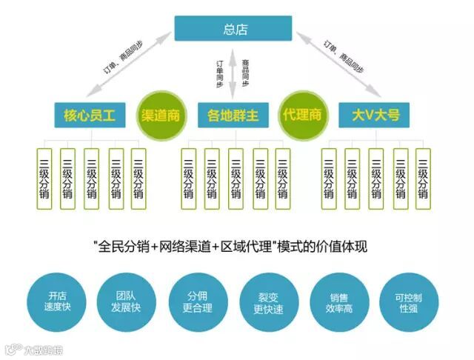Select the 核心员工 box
click(89, 115)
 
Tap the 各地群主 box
click(233, 115)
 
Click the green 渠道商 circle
click(160, 116)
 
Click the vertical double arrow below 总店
click(233, 71)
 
